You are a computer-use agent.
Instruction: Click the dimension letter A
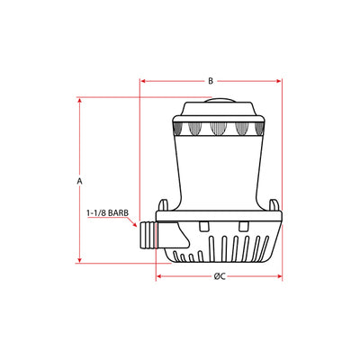tap(79, 181)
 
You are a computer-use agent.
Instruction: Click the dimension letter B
tap(211, 81)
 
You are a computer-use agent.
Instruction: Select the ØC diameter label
tap(220, 276)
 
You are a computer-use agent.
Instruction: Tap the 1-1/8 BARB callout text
tap(108, 213)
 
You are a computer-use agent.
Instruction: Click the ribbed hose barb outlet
tap(148, 236)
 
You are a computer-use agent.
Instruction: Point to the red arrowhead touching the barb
tap(134, 224)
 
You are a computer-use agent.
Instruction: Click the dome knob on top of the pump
tap(219, 100)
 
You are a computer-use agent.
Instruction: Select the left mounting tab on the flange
tap(163, 205)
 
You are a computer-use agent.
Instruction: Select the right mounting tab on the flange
tap(274, 205)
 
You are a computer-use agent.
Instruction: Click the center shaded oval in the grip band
tap(218, 129)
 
